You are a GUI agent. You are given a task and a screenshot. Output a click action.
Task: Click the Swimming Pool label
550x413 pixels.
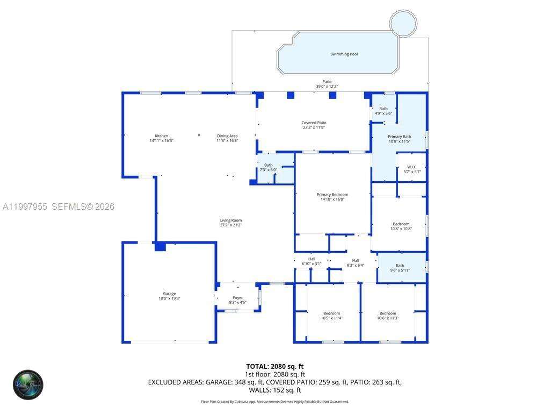(x=344, y=54)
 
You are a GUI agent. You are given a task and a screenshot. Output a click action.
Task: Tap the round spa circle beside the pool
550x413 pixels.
(x=403, y=23)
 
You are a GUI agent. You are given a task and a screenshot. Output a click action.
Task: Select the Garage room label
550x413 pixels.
(x=169, y=294)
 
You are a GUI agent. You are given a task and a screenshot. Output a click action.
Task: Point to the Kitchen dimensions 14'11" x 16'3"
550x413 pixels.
(x=161, y=140)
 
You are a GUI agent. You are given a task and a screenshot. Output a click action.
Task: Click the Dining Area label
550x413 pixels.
(x=227, y=136)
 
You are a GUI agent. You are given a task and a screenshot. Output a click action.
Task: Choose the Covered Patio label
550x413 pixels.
(x=314, y=123)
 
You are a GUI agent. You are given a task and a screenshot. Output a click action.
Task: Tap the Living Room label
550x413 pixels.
(x=231, y=220)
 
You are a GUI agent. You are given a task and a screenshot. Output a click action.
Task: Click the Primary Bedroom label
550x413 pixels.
(x=332, y=195)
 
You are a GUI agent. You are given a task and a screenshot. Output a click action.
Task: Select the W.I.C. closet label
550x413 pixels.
(x=412, y=167)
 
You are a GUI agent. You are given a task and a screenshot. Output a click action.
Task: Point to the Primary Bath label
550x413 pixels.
(x=399, y=137)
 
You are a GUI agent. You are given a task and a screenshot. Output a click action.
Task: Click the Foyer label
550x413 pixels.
(x=237, y=297)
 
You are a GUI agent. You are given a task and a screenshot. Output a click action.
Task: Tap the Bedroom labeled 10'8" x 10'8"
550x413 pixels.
(x=401, y=226)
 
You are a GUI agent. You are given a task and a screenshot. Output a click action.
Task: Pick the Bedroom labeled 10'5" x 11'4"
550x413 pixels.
(x=331, y=316)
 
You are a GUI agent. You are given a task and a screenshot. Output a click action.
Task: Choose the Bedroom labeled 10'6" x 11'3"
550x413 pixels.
(x=387, y=316)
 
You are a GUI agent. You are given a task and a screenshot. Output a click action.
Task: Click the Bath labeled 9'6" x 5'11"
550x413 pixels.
(x=400, y=267)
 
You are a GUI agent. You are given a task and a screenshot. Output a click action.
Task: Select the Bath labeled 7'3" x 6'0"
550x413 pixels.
(x=268, y=167)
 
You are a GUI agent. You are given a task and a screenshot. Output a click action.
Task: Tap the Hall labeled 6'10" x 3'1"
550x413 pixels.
(x=312, y=261)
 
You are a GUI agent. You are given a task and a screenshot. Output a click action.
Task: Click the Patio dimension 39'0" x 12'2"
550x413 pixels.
(x=327, y=87)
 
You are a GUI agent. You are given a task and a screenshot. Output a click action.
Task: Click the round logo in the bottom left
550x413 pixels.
(x=28, y=384)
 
